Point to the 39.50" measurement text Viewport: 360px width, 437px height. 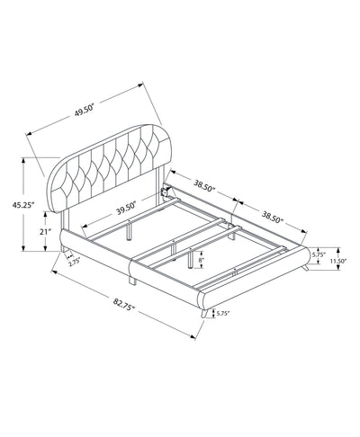[x=126, y=209]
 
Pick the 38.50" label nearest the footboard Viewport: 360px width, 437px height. [x=273, y=217]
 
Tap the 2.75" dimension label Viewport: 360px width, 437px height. [x=74, y=263]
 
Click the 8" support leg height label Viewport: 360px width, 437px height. [x=202, y=260]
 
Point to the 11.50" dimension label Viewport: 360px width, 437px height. [x=338, y=261]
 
